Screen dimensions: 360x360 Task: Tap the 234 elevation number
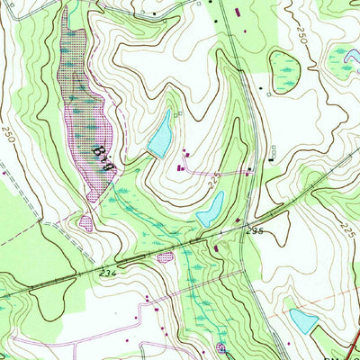[x=108, y=273]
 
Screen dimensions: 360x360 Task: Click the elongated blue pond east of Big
[x=160, y=135]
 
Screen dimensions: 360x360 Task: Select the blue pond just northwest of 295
[x=210, y=210]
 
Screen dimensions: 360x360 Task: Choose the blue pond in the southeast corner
[x=303, y=320]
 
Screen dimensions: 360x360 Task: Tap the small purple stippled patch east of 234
[x=165, y=258]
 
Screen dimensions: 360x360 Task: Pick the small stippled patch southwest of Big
[x=86, y=219]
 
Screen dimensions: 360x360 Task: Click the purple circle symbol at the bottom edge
[x=221, y=348]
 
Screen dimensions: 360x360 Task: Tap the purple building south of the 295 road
[x=216, y=247]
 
